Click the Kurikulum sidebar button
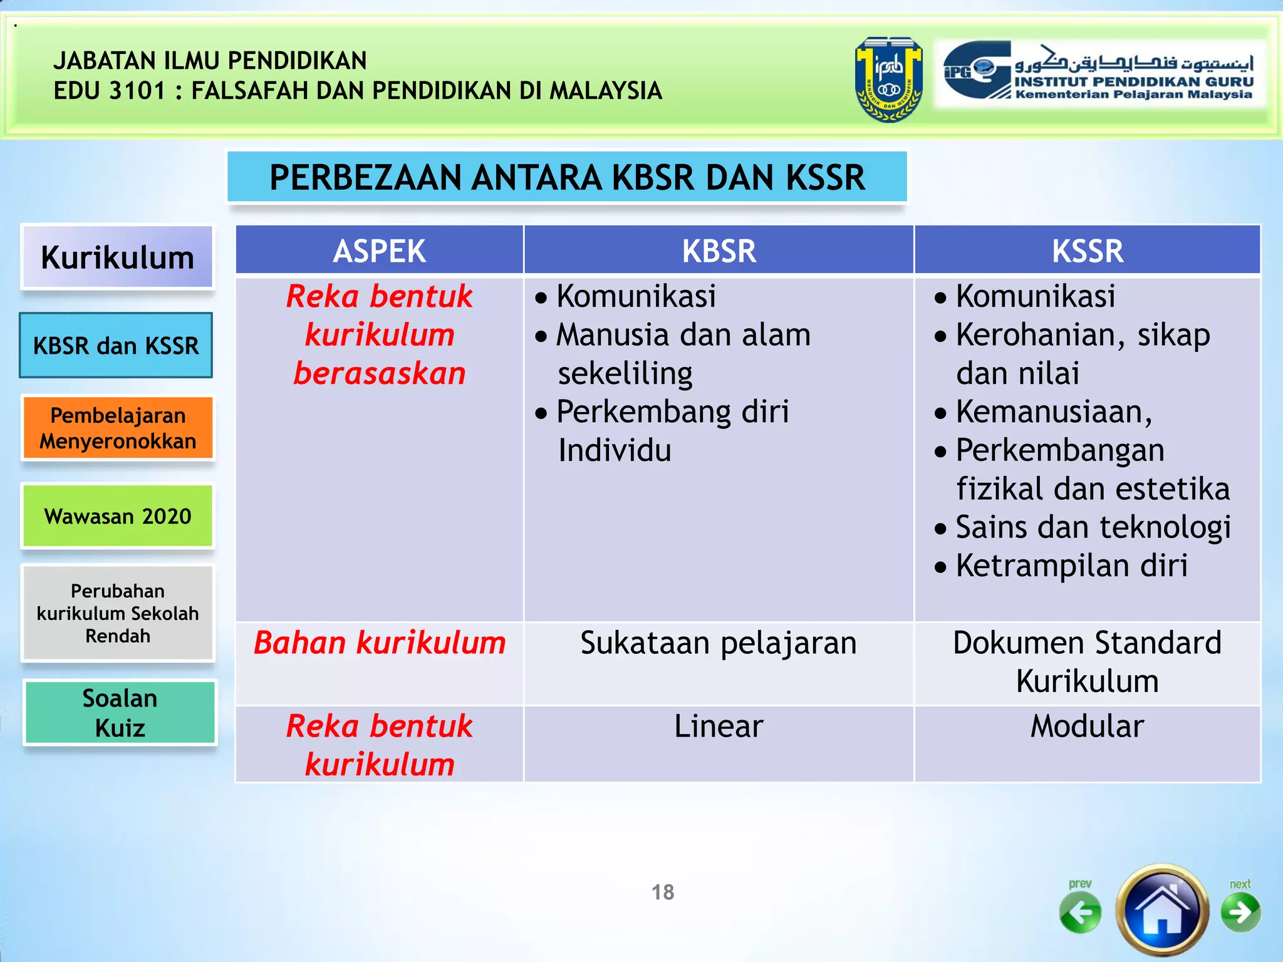click(x=117, y=257)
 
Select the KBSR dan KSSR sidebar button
click(x=116, y=346)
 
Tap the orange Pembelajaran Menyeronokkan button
click(x=118, y=428)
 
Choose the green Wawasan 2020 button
click(x=118, y=516)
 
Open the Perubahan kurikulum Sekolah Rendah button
click(x=118, y=613)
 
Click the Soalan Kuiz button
click(x=120, y=713)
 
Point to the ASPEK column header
click(x=379, y=251)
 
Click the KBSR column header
click(x=719, y=251)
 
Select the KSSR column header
click(x=1087, y=251)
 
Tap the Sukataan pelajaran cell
click(x=719, y=643)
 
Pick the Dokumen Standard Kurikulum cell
click(x=1087, y=662)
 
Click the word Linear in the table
click(x=719, y=727)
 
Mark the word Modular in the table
click(x=1087, y=727)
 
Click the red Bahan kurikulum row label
click(x=379, y=643)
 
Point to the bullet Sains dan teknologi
click(x=1093, y=527)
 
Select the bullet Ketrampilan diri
click(x=1071, y=566)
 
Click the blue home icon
click(x=1162, y=911)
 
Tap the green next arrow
click(x=1240, y=912)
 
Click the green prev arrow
click(x=1080, y=912)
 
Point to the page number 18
click(x=663, y=892)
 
